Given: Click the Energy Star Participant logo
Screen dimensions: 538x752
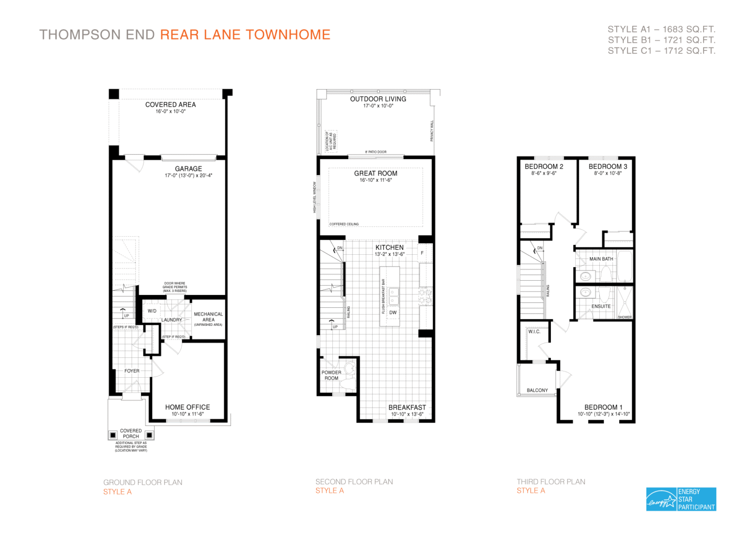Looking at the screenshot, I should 681,499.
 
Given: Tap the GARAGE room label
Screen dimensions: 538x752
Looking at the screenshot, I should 188,169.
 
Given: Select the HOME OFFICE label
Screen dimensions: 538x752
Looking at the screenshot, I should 188,407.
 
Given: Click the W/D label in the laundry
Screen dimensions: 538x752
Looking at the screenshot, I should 152,311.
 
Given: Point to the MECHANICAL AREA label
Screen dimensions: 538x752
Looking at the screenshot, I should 208,317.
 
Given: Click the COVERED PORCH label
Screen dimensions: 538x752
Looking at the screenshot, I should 131,434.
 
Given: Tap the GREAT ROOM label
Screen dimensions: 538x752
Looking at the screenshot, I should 376,173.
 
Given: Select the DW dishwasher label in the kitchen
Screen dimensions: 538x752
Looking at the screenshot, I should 393,313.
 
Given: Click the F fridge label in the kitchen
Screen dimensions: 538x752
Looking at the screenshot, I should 422,253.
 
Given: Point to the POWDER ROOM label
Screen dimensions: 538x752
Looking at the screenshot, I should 331,375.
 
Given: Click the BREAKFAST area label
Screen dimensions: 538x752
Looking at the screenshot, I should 407,408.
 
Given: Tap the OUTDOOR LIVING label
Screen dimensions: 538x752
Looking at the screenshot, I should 378,99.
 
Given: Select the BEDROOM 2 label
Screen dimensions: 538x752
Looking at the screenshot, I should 544,167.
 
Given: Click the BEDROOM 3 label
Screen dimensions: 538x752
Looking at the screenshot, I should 608,167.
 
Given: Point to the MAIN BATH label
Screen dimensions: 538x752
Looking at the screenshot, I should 601,259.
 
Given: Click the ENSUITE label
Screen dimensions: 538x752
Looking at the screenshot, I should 601,307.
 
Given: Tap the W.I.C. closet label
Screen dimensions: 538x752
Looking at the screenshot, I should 534,332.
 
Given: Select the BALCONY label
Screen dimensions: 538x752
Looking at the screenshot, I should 537,391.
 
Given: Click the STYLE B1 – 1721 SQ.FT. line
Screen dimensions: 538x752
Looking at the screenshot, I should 661,40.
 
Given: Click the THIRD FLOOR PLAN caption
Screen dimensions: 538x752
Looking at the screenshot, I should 551,482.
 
